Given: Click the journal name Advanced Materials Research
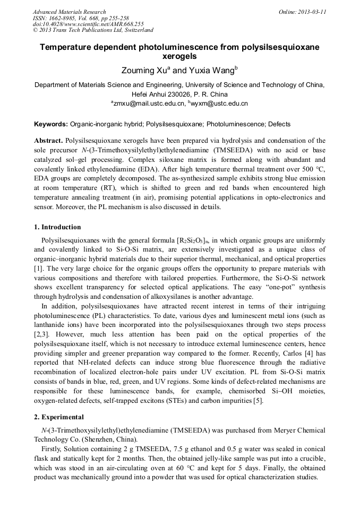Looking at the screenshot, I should click(x=69, y=12).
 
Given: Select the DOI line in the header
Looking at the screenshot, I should click(x=88, y=24).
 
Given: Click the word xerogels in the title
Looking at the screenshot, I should click(x=179, y=56).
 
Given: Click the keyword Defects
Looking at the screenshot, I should click(x=279, y=124).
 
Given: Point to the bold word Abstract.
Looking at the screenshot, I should click(x=48, y=141).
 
